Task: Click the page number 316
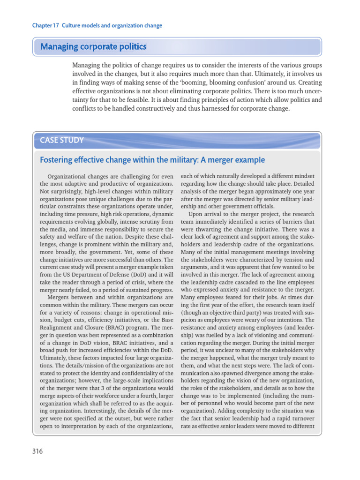[x=37, y=452]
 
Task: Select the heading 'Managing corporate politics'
[x=93, y=46]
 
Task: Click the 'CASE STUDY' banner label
[x=62, y=140]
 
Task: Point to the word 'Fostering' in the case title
[x=57, y=160]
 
